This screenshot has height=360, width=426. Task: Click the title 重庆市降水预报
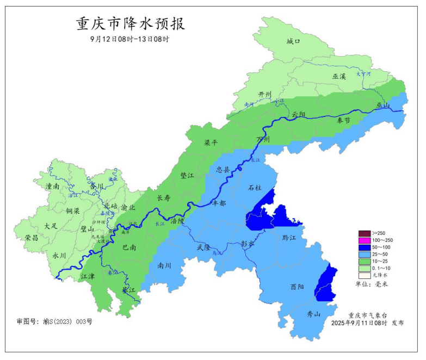tap(130, 24)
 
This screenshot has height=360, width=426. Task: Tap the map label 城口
tap(293, 41)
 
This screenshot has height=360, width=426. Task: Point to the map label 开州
tap(264, 94)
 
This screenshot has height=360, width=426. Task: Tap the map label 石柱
tap(255, 188)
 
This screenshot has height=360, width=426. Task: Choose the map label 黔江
tap(290, 238)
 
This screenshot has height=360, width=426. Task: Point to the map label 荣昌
tap(32, 238)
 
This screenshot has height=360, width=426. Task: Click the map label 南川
tap(164, 266)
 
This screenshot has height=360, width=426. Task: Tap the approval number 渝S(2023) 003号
tap(54, 321)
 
